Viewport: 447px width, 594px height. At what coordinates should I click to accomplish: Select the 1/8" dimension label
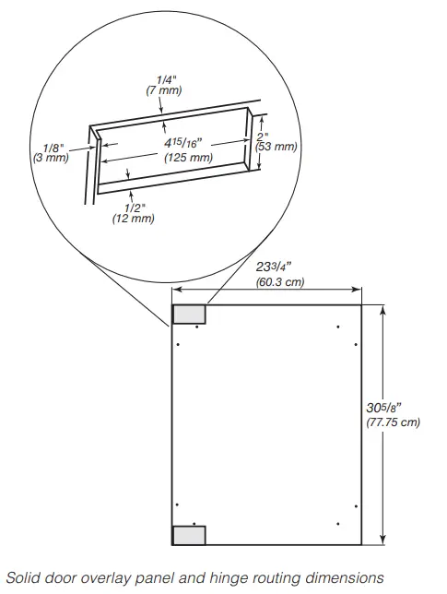(53, 147)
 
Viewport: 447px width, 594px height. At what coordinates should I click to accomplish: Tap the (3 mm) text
(50, 158)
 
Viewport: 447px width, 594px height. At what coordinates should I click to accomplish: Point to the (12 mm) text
(133, 219)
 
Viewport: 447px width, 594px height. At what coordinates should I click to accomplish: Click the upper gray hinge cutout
(189, 314)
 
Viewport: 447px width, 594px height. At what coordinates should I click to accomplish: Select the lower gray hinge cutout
(189, 535)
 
